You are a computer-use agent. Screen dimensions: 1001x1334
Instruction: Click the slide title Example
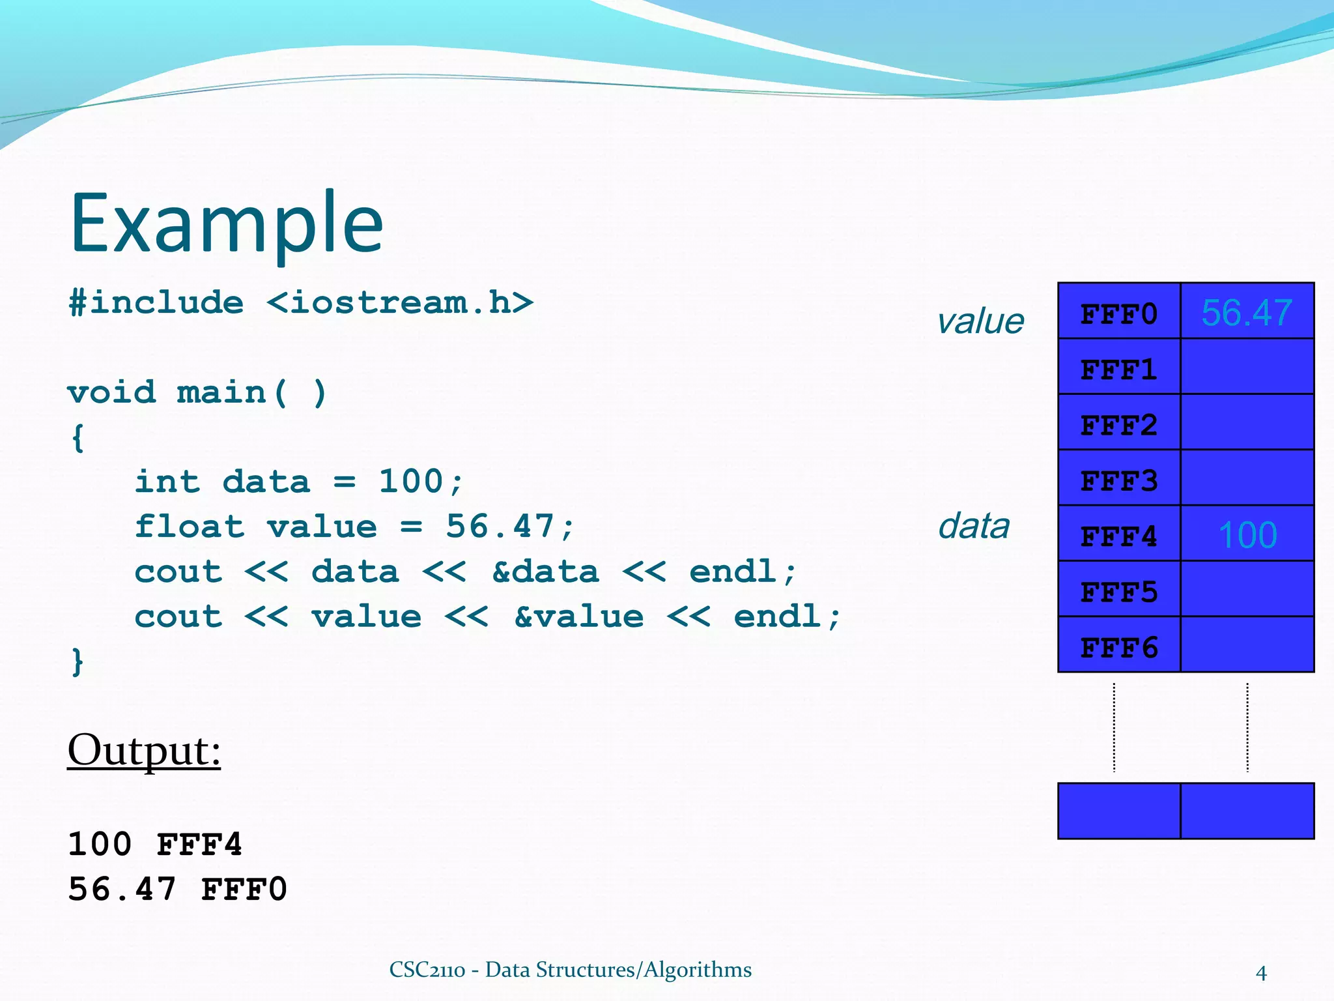[x=226, y=224]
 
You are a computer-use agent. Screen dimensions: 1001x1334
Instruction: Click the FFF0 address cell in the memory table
[x=1118, y=314]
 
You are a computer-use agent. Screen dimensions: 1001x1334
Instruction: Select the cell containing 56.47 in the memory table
[x=1246, y=313]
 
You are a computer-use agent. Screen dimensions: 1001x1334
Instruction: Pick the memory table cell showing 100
[x=1247, y=535]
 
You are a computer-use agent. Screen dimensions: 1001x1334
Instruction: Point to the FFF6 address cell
[x=1118, y=647]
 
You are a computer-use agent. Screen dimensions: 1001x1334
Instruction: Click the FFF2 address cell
[x=1118, y=425]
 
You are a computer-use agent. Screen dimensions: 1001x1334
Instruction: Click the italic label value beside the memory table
[x=980, y=321]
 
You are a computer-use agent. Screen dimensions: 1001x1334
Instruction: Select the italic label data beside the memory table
[x=973, y=526]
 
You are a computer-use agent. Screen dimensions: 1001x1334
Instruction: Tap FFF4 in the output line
[x=199, y=845]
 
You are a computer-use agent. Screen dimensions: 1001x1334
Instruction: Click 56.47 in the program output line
[x=122, y=889]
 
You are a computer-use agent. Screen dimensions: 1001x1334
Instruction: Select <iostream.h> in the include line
[x=399, y=302]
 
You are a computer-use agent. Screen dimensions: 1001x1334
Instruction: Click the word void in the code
[x=111, y=392]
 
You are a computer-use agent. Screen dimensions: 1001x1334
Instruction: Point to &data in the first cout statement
[x=545, y=572]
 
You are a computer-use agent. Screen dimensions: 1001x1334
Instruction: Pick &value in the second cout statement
[x=578, y=617]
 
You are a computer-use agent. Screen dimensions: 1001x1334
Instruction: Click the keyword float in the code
[x=189, y=527]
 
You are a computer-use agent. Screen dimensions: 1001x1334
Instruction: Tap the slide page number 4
[x=1261, y=973]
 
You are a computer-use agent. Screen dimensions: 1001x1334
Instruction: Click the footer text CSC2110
[x=427, y=970]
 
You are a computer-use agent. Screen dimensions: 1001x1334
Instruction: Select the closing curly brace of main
[x=78, y=661]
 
